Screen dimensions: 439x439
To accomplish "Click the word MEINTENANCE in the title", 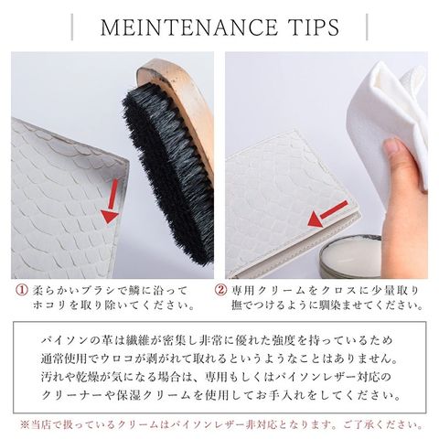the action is click(x=189, y=27).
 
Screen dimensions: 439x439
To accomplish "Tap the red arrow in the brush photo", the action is click(x=111, y=201).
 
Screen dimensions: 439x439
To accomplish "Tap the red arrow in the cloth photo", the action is click(x=327, y=214).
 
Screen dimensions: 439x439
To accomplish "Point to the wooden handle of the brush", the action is click(x=183, y=101).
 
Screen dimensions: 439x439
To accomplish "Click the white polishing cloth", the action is click(x=393, y=122).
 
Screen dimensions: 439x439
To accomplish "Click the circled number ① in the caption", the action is click(x=22, y=290).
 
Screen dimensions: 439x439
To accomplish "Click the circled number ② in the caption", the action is click(x=220, y=290).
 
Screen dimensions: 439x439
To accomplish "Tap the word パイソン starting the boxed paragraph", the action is click(x=64, y=340).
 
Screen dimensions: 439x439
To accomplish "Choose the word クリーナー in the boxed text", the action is click(x=73, y=395).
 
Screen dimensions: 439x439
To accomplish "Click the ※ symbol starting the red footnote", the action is click(x=25, y=424).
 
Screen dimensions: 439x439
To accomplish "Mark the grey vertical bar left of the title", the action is click(x=72, y=27).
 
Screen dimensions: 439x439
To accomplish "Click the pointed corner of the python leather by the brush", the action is click(x=129, y=161).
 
